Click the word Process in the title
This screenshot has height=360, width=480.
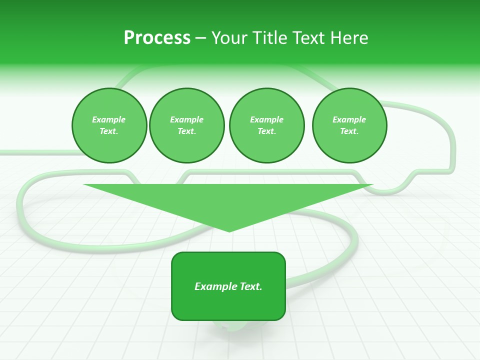click(x=157, y=38)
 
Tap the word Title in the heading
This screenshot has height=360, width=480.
click(x=271, y=38)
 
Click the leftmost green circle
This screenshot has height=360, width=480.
click(x=109, y=125)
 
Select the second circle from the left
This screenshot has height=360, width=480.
click(x=186, y=125)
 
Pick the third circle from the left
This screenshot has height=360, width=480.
click(x=266, y=125)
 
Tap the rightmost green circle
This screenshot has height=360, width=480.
click(x=349, y=125)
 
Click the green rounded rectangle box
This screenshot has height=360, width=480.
click(x=228, y=286)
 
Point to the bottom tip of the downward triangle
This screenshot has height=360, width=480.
click(x=229, y=231)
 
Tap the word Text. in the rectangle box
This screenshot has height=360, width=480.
click(x=251, y=286)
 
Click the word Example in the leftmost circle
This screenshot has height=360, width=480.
click(x=109, y=119)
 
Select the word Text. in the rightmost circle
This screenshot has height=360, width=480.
click(x=349, y=131)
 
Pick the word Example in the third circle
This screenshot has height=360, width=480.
click(x=266, y=119)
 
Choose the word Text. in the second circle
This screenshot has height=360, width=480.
click(x=186, y=131)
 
